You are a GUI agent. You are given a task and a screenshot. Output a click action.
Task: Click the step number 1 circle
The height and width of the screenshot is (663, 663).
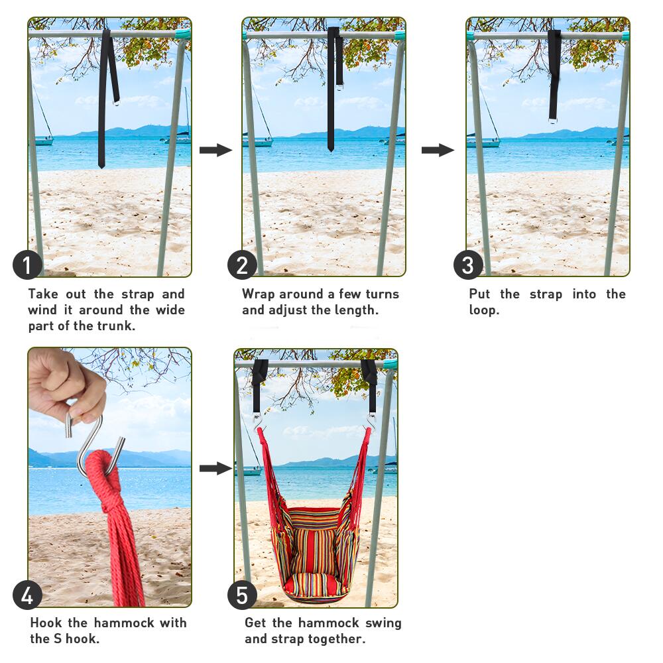click(x=27, y=265)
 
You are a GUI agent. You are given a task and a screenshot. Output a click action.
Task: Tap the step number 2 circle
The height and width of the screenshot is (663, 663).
click(x=242, y=265)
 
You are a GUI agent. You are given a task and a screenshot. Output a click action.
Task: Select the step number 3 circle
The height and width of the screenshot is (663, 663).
click(x=468, y=265)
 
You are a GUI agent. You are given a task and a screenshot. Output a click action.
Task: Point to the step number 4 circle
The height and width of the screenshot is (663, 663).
click(x=27, y=595)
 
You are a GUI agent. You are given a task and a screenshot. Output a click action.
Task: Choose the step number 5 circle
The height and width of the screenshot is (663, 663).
click(x=242, y=595)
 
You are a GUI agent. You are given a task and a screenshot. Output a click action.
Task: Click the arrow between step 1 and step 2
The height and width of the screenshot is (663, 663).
click(x=215, y=150)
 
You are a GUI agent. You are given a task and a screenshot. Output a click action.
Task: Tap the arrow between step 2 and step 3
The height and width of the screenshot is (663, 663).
click(x=438, y=150)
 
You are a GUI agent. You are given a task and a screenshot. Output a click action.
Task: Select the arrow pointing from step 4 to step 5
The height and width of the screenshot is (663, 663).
click(x=215, y=468)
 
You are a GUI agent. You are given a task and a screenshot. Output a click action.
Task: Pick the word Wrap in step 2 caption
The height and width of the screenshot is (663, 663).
click(x=259, y=294)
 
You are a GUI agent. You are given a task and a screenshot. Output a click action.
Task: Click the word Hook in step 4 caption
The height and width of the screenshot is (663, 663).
click(x=46, y=623)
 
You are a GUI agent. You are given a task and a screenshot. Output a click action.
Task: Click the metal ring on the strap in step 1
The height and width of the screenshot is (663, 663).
click(x=117, y=102)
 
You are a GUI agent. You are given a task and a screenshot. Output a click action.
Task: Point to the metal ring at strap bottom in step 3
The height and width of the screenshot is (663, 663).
click(x=553, y=121)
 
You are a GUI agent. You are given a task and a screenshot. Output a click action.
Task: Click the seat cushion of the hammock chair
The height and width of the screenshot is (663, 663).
click(x=313, y=584)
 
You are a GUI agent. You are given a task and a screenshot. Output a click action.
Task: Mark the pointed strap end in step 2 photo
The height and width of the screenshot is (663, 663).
click(x=331, y=149)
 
